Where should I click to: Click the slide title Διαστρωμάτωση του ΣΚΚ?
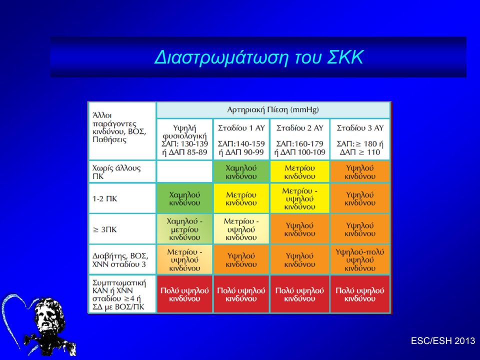[x=258, y=57]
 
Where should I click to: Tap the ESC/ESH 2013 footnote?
[x=442, y=340]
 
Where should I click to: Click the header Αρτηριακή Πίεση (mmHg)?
[x=273, y=109]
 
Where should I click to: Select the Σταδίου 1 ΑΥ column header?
[x=241, y=139]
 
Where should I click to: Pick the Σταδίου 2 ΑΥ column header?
[x=299, y=139]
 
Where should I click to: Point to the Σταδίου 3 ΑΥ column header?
[x=360, y=139]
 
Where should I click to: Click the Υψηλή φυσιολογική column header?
[x=184, y=139]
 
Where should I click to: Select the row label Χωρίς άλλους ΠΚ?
[x=116, y=172]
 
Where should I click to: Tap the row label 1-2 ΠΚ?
[x=104, y=198]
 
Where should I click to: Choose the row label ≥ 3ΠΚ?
[x=104, y=229]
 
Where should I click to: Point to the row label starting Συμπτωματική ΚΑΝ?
[x=119, y=294]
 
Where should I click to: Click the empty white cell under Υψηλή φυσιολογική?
[x=184, y=171]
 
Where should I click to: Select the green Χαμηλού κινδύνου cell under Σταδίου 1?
[x=241, y=171]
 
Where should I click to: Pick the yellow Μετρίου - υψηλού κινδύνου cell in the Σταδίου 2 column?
[x=299, y=198]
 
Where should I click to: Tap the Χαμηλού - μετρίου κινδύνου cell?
[x=184, y=229]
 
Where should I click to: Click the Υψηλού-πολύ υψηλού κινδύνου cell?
[x=360, y=259]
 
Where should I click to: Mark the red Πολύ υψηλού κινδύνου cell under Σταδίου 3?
[x=360, y=294]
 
